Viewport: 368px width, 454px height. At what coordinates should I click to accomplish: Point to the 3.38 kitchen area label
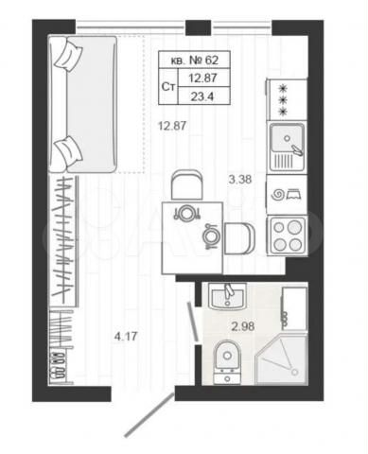click(x=239, y=176)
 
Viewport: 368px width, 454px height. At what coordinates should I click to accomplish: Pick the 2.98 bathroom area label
click(x=244, y=327)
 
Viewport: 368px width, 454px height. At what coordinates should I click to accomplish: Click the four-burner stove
click(x=286, y=235)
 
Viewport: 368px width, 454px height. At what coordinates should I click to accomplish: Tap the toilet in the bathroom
click(x=227, y=360)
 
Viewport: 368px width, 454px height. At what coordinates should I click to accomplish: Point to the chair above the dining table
click(x=186, y=183)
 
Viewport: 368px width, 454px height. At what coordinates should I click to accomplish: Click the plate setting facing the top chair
click(x=187, y=213)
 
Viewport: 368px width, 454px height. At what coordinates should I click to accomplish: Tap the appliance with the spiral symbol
click(x=285, y=195)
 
